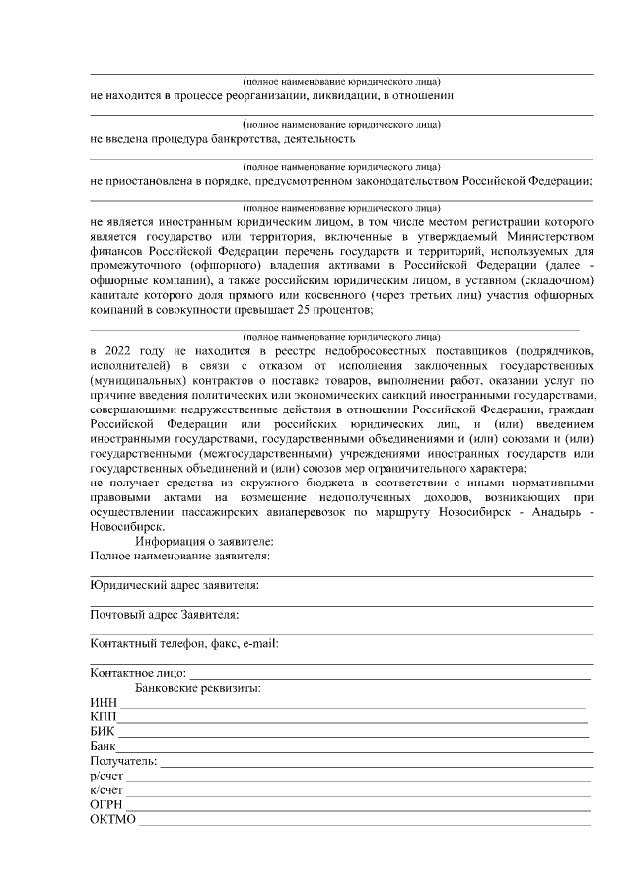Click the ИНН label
click(103, 701)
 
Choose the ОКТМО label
click(111, 820)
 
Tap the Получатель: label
click(123, 761)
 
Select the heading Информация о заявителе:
click(205, 542)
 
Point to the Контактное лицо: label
click(137, 672)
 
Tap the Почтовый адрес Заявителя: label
click(164, 615)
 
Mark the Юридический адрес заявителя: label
click(174, 585)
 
